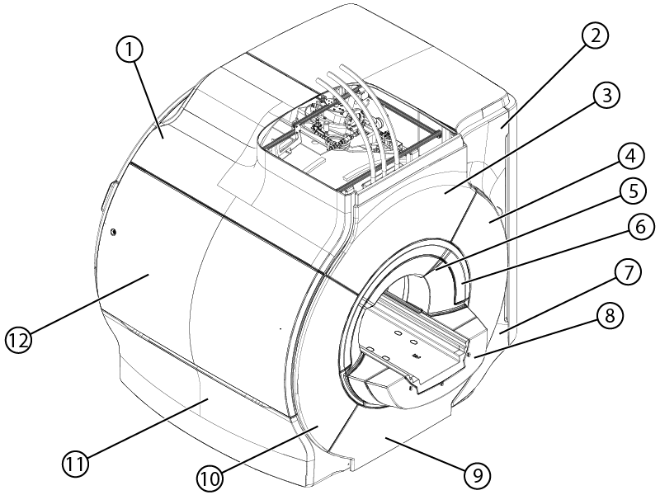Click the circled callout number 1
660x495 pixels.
(x=130, y=50)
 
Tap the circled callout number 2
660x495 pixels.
(x=594, y=35)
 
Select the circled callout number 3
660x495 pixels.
(x=606, y=96)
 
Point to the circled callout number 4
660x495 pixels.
(x=629, y=157)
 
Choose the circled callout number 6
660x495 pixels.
(x=639, y=227)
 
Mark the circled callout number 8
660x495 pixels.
(x=609, y=316)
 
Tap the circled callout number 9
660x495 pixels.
(x=477, y=476)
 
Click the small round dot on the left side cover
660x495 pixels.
(x=113, y=232)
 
